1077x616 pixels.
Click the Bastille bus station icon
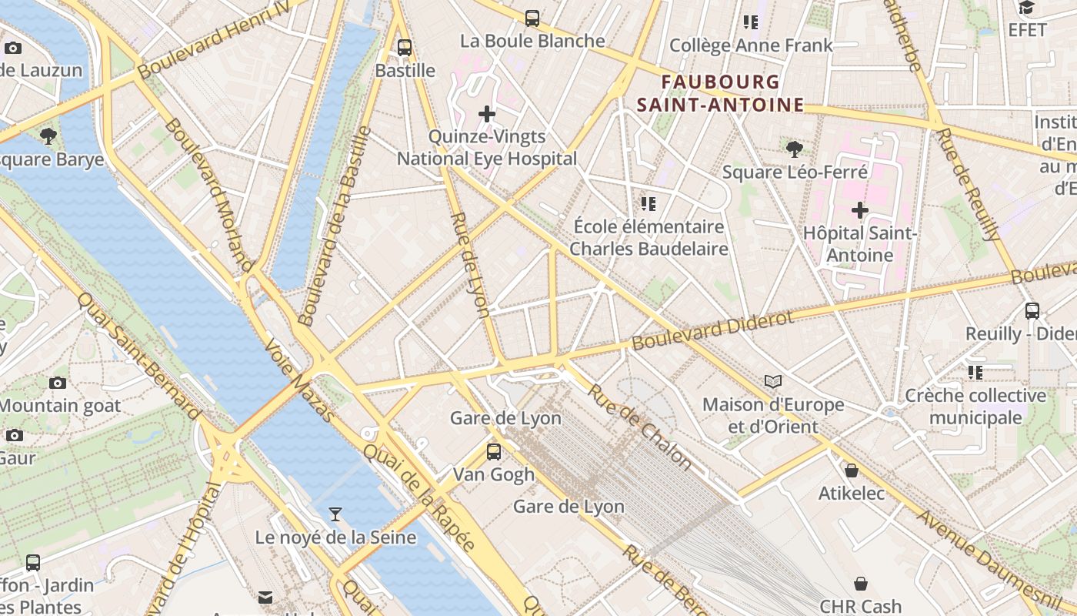405,48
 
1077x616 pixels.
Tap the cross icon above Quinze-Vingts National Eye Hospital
487,114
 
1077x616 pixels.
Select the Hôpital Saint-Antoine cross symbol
860,209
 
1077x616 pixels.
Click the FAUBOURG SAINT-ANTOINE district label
721,93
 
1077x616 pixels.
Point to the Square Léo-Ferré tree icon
795,149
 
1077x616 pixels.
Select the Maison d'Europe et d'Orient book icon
773,381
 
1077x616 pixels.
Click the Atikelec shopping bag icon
852,470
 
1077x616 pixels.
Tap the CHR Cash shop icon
860,584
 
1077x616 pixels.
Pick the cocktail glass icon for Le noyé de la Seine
335,514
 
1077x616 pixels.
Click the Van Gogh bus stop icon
494,451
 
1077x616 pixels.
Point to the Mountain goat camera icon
58,383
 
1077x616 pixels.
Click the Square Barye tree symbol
48,137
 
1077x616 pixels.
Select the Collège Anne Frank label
751,45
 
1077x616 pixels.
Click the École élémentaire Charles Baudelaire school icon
649,204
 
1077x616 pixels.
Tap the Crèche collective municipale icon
975,373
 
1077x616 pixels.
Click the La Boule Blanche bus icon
532,18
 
